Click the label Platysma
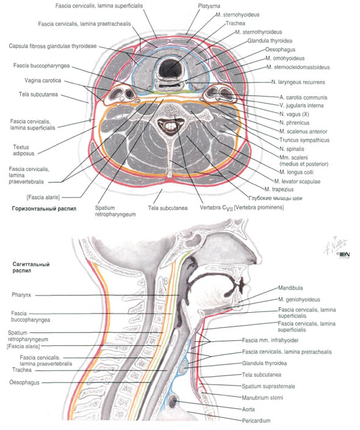209,5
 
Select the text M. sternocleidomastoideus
298,67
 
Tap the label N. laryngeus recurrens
298,82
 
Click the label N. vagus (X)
294,114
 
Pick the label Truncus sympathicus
304,140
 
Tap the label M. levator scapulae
297,181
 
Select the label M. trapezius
279,189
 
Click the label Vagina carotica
43,81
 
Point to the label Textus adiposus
24,150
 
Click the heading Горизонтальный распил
44,209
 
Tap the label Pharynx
21,295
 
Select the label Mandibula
290,288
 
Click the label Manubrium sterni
262,398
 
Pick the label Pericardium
256,421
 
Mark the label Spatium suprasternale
268,387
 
